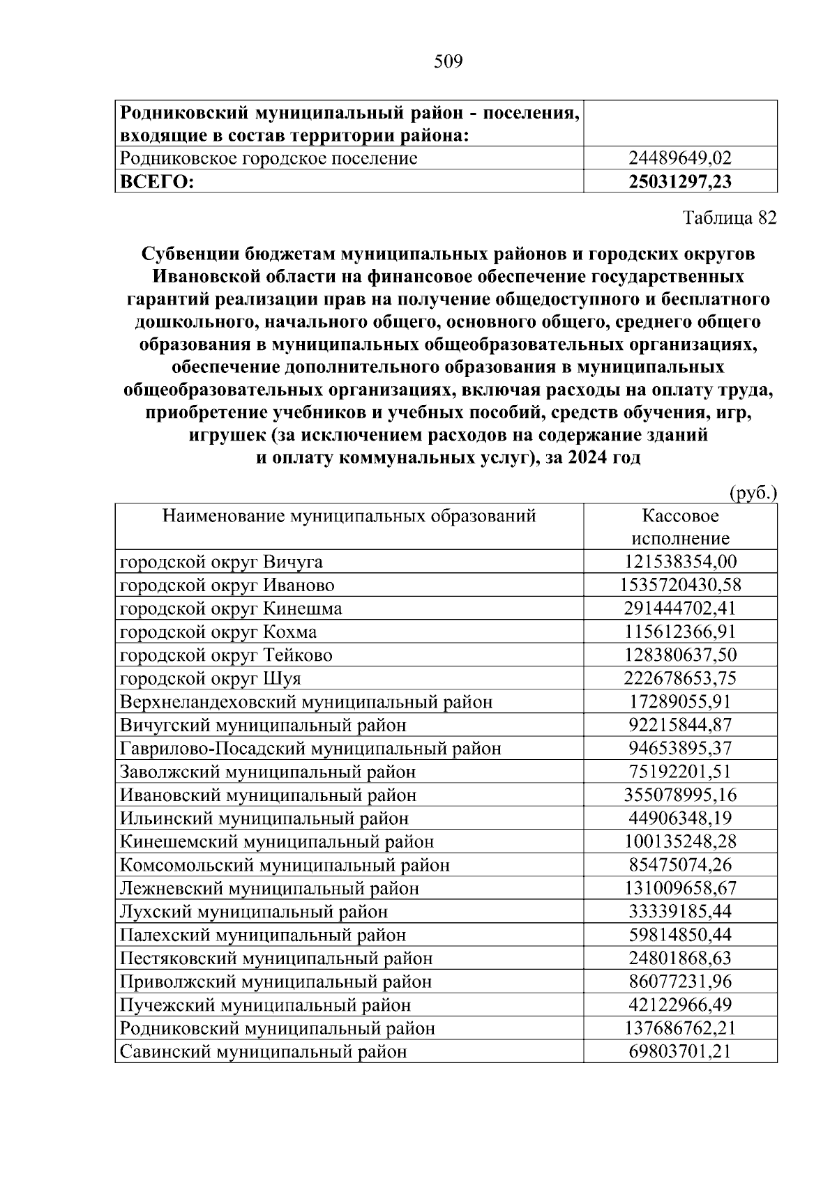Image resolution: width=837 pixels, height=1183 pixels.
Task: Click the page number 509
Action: (x=448, y=62)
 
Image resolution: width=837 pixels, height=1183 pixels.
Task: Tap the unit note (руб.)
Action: (x=753, y=494)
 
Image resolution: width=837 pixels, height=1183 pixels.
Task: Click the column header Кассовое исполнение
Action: (x=680, y=527)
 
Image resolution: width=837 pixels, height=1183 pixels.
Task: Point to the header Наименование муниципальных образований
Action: (x=349, y=517)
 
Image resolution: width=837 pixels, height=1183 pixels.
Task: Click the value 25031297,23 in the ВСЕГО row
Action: (x=680, y=182)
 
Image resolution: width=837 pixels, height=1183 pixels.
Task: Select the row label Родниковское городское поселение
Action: (x=269, y=158)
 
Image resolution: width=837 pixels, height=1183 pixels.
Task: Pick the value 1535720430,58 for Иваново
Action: (x=680, y=585)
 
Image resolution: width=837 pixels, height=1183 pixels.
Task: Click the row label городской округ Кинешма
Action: (x=231, y=609)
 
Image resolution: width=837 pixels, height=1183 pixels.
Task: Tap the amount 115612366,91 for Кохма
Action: (x=680, y=632)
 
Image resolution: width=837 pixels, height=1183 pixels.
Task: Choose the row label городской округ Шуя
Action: (x=211, y=678)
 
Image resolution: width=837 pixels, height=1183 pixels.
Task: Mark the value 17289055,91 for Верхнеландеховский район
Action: (x=680, y=701)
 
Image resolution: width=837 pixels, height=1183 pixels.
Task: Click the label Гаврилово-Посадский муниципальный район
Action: (x=310, y=748)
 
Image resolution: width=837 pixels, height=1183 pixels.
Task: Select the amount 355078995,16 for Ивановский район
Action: (x=680, y=795)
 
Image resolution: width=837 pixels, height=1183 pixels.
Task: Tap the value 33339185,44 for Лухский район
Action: (x=680, y=911)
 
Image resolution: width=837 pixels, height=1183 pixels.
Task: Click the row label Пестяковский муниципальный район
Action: (x=276, y=958)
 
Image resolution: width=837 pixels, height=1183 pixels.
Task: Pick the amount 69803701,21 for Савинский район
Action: (x=680, y=1051)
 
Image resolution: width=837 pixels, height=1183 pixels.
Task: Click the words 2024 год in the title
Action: (x=603, y=459)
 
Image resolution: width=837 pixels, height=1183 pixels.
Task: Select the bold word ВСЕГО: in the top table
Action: (x=156, y=182)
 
